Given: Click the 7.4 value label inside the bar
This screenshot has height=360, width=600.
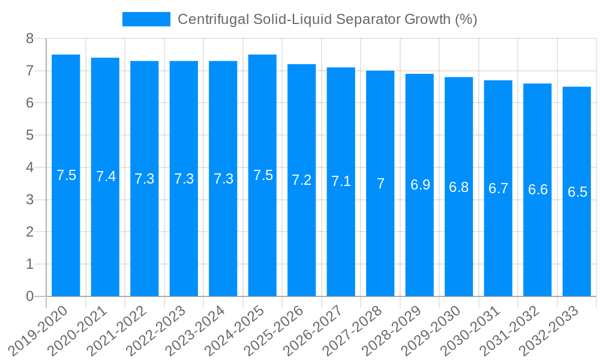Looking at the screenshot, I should coord(106,176).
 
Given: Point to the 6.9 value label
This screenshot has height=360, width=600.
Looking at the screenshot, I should coord(420,185).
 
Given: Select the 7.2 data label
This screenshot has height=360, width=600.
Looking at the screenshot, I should coord(302,180).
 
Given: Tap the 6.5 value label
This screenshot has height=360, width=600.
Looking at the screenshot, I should coord(577,193).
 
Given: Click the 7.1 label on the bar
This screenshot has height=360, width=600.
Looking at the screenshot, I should coord(341,181).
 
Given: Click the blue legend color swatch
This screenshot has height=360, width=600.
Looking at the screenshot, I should coord(146,19).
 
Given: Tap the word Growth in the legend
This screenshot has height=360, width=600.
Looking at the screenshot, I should coord(425,19).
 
